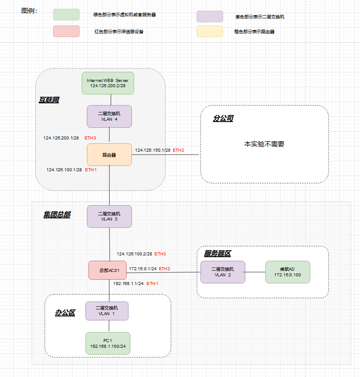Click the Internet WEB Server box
point(108,83)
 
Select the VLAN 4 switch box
point(109,116)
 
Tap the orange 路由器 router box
point(109,155)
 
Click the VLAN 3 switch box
point(109,217)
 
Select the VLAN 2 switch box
point(223,272)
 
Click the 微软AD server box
point(287,272)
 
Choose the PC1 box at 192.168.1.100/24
point(108,343)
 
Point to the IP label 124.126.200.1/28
point(61,138)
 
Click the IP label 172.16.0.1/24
point(142,268)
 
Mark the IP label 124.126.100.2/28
point(134,254)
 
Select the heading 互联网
point(49,100)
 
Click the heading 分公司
point(223,119)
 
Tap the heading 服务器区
point(217,253)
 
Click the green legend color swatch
point(66,15)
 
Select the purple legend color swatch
point(209,17)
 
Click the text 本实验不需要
point(264,144)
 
